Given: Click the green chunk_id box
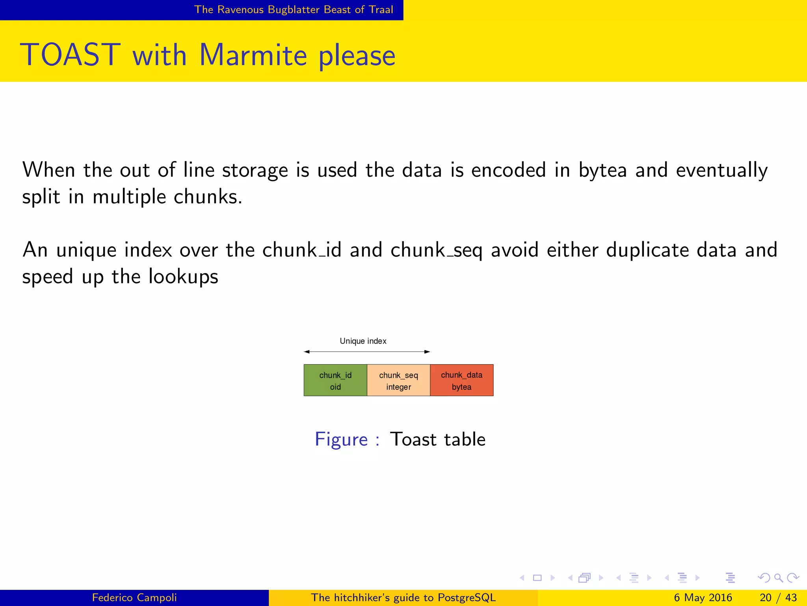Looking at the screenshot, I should point(335,380).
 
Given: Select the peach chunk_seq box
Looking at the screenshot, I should point(398,380).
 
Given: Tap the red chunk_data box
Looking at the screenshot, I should point(461,380).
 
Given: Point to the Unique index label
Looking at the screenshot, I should point(363,341).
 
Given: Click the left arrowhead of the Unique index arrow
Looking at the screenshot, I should point(307,352).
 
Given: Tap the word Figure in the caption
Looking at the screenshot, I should point(341,439).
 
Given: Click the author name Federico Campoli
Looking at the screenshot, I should point(134,597).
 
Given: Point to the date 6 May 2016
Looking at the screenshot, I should point(703,597).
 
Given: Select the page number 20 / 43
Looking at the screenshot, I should point(778,597).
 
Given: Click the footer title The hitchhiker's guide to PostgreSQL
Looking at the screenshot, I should point(403,597).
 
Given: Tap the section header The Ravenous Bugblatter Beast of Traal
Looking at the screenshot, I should point(294,9).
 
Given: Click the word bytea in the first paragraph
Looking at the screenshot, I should point(602,170).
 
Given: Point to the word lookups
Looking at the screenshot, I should point(183,276).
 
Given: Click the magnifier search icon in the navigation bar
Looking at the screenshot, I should point(778,578).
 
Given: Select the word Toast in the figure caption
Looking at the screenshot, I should point(413,439).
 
